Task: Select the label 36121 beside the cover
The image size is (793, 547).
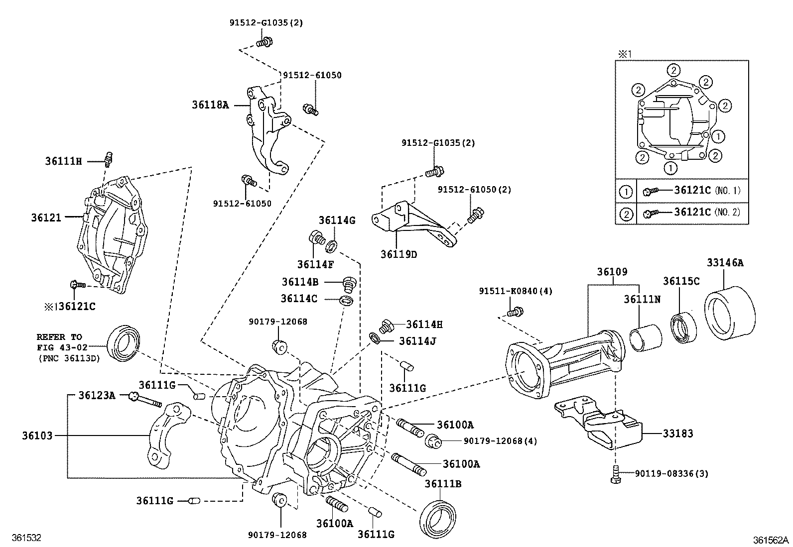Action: (x=46, y=218)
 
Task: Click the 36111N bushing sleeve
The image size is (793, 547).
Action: (x=646, y=339)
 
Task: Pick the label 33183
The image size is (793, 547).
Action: (x=677, y=434)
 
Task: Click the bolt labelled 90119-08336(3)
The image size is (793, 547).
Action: (x=615, y=474)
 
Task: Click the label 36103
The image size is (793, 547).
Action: (x=37, y=436)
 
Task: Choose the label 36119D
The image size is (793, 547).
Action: (x=399, y=254)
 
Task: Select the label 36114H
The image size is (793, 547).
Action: (x=424, y=325)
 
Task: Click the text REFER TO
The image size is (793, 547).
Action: (x=59, y=336)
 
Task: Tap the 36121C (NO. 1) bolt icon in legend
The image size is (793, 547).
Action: (x=651, y=191)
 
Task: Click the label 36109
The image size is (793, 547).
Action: (x=612, y=272)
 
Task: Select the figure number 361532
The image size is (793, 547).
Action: (x=20, y=538)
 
